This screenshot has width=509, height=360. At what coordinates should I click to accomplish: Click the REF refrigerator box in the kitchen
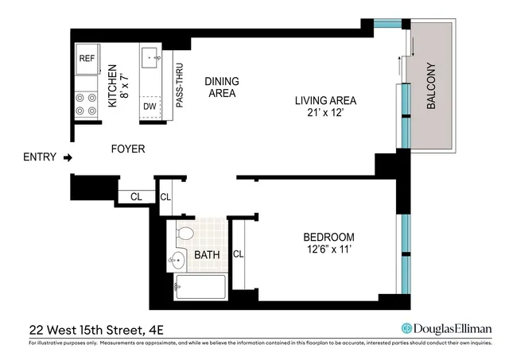tap(87, 58)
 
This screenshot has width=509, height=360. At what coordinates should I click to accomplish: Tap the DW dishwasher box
tap(150, 106)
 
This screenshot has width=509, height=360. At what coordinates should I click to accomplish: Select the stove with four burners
tap(86, 104)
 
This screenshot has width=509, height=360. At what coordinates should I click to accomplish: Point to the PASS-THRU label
tap(180, 86)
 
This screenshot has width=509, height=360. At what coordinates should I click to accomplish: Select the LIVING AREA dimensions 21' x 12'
tap(325, 113)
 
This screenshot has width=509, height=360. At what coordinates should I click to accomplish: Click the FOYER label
tap(126, 148)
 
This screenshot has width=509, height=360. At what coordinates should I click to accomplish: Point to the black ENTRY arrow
tap(68, 157)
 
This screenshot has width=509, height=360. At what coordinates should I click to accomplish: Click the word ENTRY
tap(41, 157)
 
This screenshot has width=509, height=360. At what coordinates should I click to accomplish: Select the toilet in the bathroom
tap(185, 233)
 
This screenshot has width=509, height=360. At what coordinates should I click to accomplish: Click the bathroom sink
tap(175, 258)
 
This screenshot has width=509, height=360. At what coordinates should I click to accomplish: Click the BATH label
tap(206, 256)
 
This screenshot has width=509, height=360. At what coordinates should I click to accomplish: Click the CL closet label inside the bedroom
tap(238, 254)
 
